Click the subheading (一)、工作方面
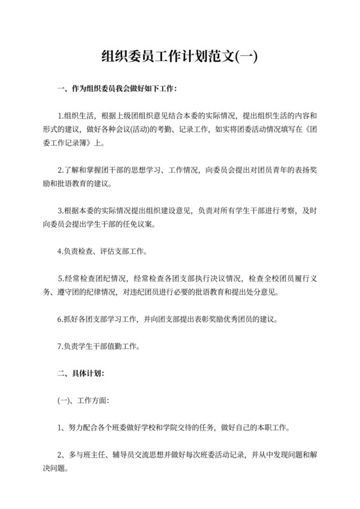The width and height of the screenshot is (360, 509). tap(84, 399)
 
